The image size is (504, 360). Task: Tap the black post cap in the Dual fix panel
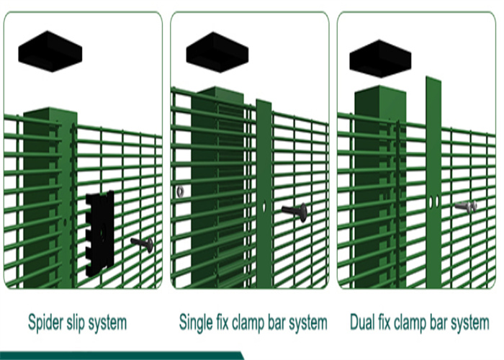tap(380, 59)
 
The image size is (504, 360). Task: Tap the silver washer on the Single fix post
tap(179, 192)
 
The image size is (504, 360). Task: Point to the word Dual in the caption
tap(362, 322)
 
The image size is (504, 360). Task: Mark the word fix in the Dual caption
tap(387, 321)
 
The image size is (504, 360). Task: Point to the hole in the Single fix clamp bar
tap(263, 207)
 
